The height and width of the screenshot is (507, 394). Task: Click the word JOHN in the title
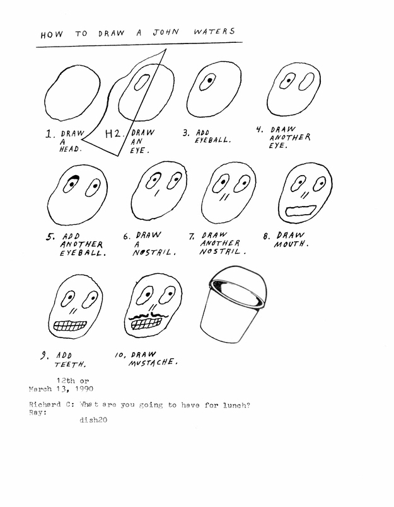[166, 33]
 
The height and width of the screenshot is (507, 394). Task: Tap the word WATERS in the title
[214, 31]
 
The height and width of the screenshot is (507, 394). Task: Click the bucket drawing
[234, 304]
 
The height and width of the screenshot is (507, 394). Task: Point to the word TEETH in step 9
[70, 365]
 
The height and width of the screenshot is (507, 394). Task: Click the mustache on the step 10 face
[149, 316]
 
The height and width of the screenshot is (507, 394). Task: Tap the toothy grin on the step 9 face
[70, 326]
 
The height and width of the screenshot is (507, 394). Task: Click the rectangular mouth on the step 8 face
[301, 210]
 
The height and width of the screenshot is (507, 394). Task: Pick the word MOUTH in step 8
[291, 244]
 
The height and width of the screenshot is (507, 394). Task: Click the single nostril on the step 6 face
[157, 193]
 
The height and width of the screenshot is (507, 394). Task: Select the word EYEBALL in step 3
[213, 140]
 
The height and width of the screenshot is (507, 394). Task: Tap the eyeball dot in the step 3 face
[210, 79]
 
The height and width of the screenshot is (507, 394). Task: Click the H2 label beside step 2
[113, 134]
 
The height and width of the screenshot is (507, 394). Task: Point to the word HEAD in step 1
[70, 149]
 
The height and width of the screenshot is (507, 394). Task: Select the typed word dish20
[93, 420]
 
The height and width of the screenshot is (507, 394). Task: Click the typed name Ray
[37, 413]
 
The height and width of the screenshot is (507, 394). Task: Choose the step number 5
[50, 237]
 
